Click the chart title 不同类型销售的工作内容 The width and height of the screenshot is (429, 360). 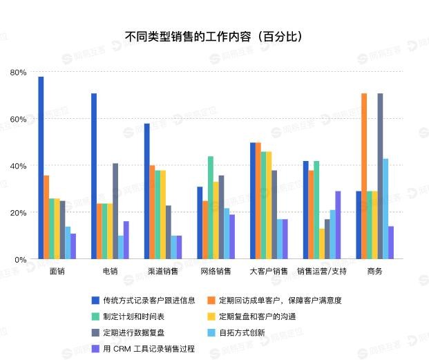point(213,37)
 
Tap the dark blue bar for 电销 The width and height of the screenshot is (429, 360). point(94,176)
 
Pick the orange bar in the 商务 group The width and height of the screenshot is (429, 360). point(364,176)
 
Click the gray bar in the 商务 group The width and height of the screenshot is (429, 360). point(380,176)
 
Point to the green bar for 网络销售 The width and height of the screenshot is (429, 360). point(210,207)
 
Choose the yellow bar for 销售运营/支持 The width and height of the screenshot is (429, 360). point(321,244)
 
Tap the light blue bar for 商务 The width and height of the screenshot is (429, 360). point(385,209)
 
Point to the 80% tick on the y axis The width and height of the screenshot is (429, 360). point(19,73)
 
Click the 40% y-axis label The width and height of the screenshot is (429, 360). point(19,166)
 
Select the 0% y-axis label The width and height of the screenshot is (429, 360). point(21,259)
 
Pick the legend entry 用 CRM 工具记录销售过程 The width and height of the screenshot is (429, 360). point(148,349)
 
